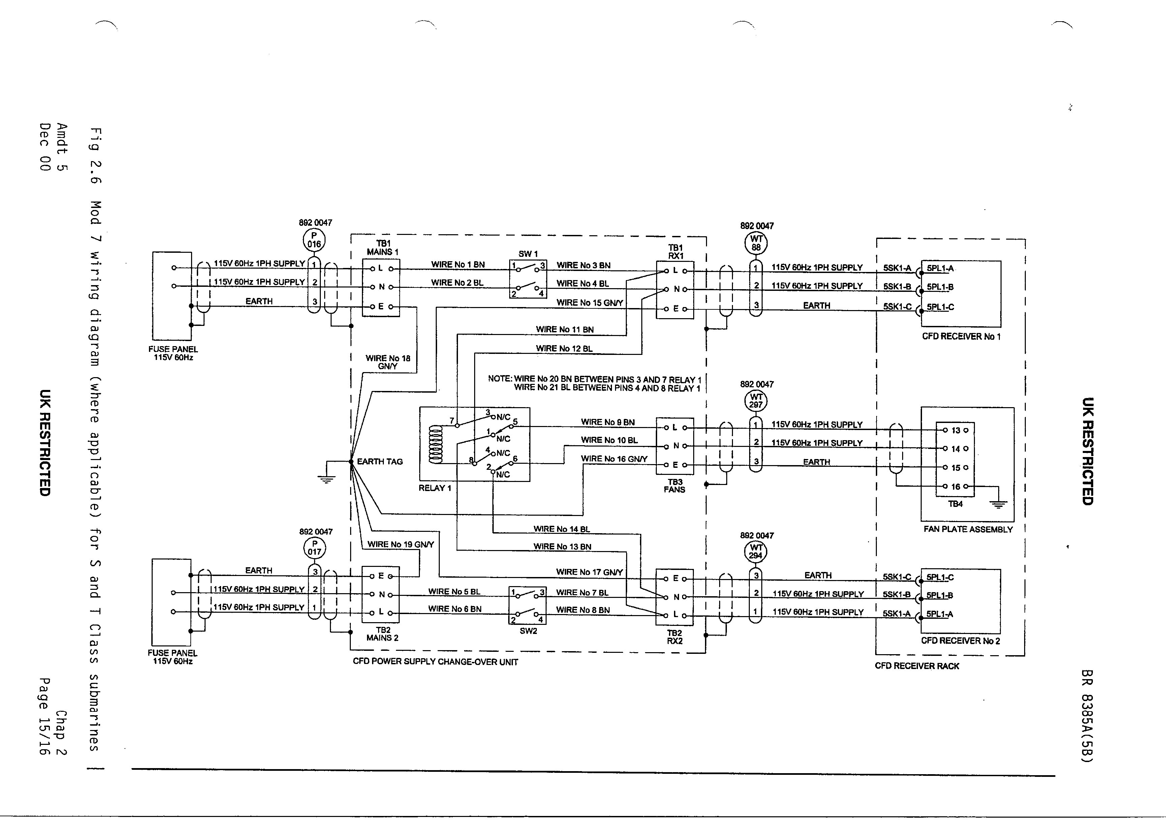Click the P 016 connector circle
(x=314, y=240)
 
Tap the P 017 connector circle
(x=315, y=548)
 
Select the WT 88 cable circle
(x=756, y=243)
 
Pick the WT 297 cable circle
(x=756, y=401)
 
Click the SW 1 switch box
(x=528, y=279)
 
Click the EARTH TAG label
(x=379, y=462)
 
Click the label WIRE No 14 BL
(x=562, y=529)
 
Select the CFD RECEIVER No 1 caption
(x=961, y=337)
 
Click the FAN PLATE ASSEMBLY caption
(x=968, y=529)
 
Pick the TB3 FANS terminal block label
(x=674, y=486)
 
